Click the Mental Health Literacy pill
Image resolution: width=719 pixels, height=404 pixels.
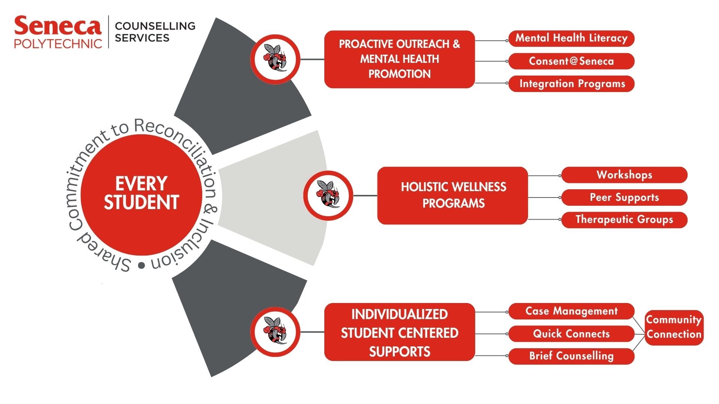coord(571,39)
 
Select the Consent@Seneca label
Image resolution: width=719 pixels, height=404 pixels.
coord(571,61)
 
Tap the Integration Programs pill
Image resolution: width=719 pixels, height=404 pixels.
coord(571,84)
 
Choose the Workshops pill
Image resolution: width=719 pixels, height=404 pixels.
coord(624,175)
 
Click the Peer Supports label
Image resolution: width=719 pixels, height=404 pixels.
coord(624,198)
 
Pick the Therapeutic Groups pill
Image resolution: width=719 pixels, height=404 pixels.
coord(624,220)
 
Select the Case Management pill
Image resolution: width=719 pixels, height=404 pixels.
coord(571,311)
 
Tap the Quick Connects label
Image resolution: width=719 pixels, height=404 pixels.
coord(571,334)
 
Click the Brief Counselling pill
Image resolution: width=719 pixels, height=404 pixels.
coord(571,356)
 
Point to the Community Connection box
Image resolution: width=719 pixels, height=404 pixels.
coord(674,327)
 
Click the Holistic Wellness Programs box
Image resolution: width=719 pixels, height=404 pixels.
coord(453,195)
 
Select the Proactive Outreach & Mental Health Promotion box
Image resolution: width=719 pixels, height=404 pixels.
coord(399,59)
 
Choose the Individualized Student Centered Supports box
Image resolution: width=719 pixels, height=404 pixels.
coord(399,332)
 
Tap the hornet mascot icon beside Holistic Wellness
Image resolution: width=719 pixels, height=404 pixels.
coord(328,195)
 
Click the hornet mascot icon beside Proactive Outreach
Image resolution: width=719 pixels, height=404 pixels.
coord(275,59)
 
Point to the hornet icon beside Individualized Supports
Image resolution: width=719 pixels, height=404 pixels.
coord(275,332)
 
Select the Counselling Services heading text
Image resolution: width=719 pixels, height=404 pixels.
coord(155,32)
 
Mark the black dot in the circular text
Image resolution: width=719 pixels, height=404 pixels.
coord(141,265)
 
